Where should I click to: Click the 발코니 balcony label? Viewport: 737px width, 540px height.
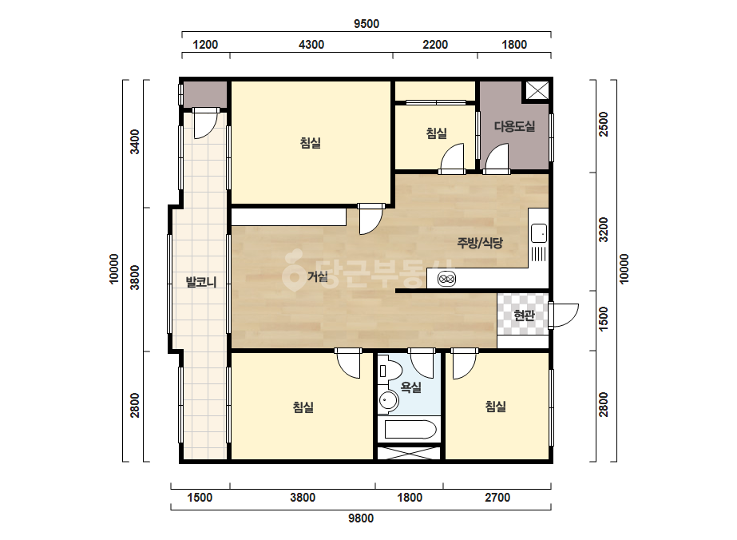201,282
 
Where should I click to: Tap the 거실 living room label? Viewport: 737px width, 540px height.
318,276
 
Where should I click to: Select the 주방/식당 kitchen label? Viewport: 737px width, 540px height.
480,243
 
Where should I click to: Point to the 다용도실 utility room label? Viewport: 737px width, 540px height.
514,126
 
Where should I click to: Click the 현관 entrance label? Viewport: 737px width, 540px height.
524,315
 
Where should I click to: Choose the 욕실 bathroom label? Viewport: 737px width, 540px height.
410,387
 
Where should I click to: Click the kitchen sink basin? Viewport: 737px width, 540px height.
539,233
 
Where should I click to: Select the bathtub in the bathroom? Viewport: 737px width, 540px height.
410,429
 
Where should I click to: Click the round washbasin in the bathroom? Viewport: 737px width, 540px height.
388,401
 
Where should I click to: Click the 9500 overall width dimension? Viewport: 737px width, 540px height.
367,23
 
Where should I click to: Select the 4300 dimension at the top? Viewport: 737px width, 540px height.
311,45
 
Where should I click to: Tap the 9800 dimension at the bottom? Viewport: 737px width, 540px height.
361,518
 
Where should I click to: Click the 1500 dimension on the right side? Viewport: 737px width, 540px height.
604,319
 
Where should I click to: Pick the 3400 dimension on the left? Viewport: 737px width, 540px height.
135,141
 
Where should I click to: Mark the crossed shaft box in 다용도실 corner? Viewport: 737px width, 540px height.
537,90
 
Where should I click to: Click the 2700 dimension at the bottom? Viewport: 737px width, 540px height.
497,497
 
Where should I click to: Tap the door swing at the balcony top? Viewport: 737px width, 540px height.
206,123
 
